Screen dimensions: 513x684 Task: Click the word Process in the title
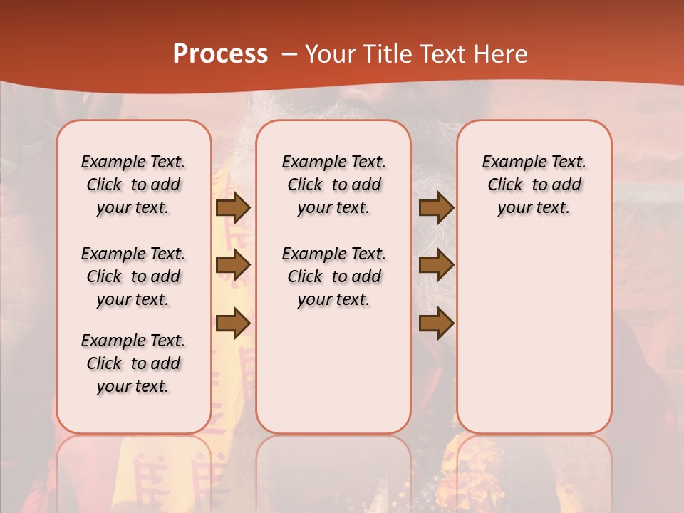(220, 54)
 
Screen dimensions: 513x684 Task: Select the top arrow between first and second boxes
(233, 208)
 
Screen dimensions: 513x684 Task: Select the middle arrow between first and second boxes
(233, 265)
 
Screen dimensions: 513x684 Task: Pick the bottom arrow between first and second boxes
(233, 323)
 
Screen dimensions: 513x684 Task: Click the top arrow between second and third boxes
(436, 208)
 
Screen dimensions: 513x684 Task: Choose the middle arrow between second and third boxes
(436, 265)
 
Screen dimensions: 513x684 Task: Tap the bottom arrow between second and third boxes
(436, 323)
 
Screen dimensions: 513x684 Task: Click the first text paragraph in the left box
(133, 185)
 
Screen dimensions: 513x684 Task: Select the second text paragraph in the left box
(133, 276)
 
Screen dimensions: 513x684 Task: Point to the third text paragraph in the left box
(133, 363)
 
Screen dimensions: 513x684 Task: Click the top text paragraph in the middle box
(333, 185)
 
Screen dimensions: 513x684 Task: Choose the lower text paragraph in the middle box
(333, 276)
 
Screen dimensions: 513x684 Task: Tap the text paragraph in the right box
(534, 185)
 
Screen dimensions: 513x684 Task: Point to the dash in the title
(289, 54)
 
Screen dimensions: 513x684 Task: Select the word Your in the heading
(331, 54)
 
